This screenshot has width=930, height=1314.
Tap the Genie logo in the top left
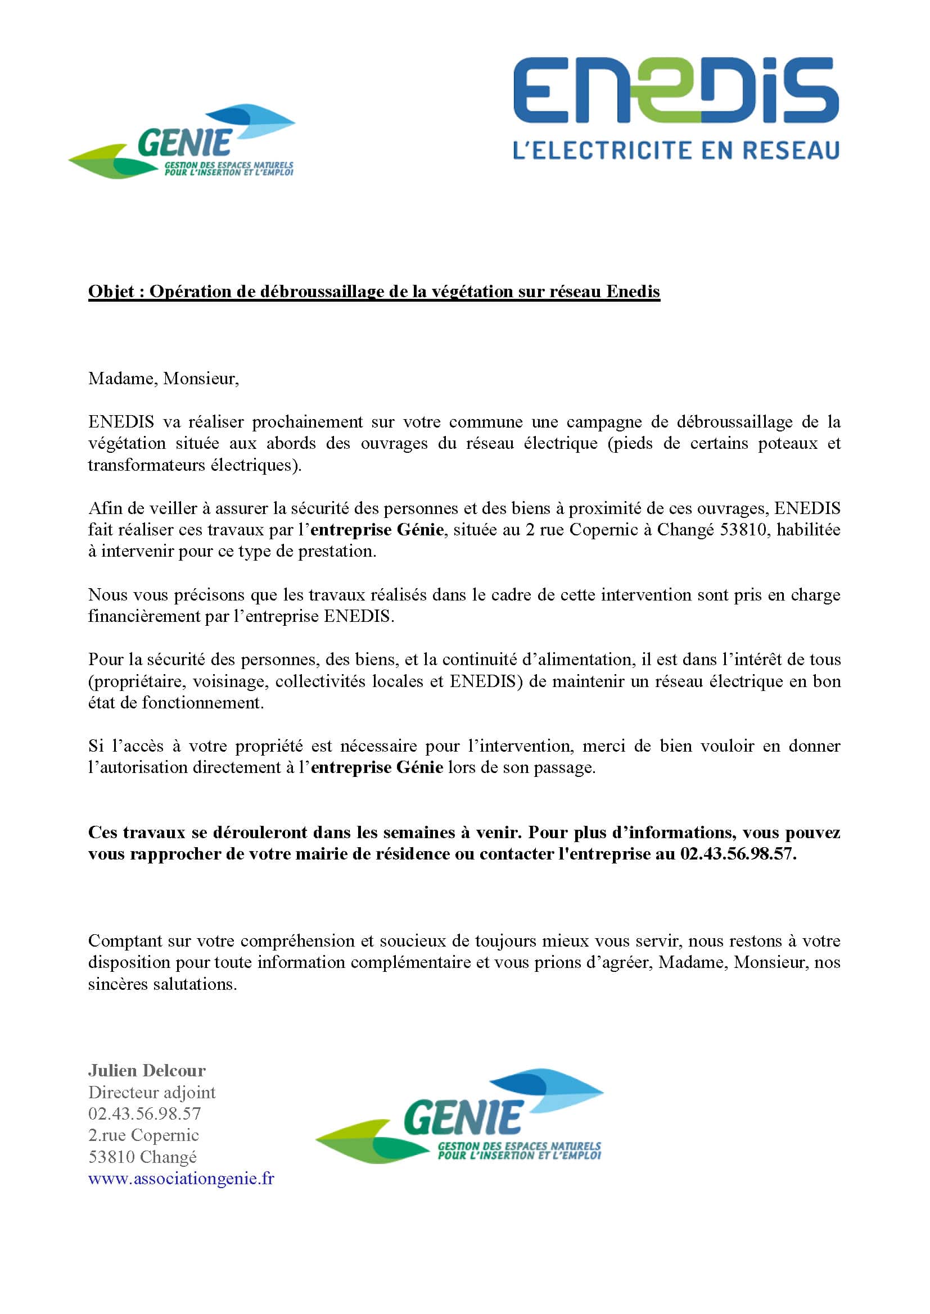[182, 142]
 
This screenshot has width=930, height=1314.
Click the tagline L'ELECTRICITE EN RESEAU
[676, 151]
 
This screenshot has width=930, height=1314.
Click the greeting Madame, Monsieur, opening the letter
[163, 379]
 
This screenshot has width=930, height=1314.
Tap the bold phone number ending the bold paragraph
[738, 854]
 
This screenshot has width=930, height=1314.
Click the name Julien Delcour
[147, 1071]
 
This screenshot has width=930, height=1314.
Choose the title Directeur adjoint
[152, 1093]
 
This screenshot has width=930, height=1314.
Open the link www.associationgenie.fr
[181, 1179]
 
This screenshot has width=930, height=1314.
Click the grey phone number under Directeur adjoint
[145, 1113]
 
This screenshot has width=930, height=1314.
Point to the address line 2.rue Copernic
[143, 1135]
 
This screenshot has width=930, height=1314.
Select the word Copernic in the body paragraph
[603, 530]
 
